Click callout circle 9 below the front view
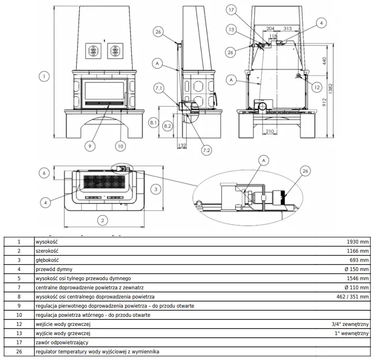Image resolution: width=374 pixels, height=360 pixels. (x=89, y=146)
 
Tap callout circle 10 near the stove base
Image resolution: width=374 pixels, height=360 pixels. (x=120, y=146)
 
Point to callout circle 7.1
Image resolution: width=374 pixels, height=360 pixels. (x=158, y=88)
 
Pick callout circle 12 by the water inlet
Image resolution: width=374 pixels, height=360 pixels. (x=317, y=87)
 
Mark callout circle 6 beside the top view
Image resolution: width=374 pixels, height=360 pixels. (x=45, y=173)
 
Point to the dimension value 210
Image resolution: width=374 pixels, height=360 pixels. (x=270, y=132)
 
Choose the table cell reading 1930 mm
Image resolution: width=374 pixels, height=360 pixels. (x=357, y=242)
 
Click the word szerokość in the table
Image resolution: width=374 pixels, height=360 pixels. (x=48, y=251)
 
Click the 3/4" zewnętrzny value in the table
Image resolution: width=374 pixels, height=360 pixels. (x=349, y=324)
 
